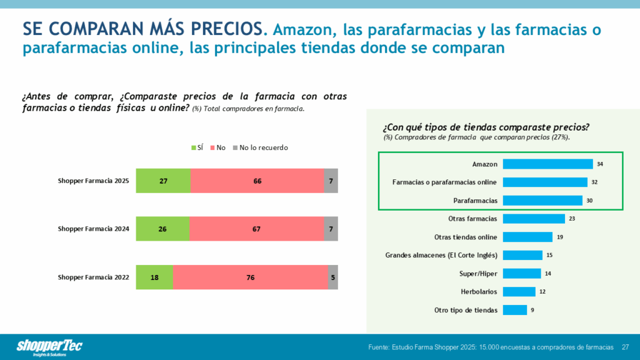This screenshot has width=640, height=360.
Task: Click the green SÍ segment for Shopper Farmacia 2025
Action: click(x=163, y=181)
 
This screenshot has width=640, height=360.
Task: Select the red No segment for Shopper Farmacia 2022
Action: click(x=251, y=277)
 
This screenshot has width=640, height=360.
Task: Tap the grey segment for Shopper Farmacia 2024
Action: click(x=331, y=229)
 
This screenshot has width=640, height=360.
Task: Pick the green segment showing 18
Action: click(x=154, y=277)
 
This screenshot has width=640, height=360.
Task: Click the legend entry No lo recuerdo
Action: click(x=261, y=147)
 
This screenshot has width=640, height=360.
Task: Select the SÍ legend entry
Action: click(x=197, y=147)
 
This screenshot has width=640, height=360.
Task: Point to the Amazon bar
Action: click(x=547, y=164)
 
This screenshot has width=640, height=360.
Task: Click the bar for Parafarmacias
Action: click(x=542, y=201)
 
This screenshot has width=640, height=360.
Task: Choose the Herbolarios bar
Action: click(x=519, y=292)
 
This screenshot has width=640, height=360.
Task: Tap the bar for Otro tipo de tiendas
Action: click(x=515, y=310)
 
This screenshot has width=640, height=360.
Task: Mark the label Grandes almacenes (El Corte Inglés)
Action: click(x=441, y=255)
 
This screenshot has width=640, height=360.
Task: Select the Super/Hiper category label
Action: click(x=478, y=273)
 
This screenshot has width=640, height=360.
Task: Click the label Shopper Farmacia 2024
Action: click(x=94, y=229)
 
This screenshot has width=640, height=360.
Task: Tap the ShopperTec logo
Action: click(x=49, y=347)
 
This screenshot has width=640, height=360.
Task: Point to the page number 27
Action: click(x=625, y=347)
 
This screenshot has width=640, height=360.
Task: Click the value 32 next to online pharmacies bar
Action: click(x=594, y=182)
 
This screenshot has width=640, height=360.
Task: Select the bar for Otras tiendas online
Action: click(x=527, y=237)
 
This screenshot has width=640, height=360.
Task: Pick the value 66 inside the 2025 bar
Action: click(x=257, y=181)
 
